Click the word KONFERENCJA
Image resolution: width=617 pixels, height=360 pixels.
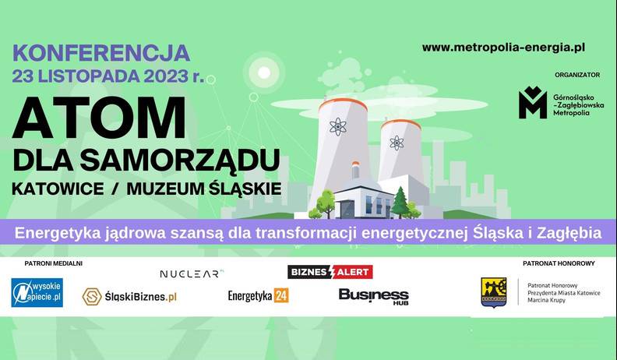pos(101,54)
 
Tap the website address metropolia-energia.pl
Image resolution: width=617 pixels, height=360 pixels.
pos(503,48)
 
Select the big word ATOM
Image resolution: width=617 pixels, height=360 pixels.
pos(99,117)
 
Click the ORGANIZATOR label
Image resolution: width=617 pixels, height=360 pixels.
pos(577,75)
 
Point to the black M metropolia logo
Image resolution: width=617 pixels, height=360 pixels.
pos(533,102)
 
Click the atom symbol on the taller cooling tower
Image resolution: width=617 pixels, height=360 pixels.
pos(338,127)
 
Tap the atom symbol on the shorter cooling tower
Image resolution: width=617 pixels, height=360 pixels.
pos(397,143)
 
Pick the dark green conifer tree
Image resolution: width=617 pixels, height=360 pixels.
pos(400,203)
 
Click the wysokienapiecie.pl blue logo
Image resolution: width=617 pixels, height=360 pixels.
pos(37,292)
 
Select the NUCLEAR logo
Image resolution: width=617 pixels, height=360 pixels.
pos(192,274)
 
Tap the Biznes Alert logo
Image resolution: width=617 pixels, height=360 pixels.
pos(330,272)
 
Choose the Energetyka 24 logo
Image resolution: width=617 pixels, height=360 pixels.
pos(258,295)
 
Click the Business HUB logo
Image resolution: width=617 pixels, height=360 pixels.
pos(374,296)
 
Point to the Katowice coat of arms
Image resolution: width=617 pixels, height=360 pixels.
pos(494,292)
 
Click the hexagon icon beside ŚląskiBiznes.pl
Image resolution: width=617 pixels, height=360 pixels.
pos(92,297)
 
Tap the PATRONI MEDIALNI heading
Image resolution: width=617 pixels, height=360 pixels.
pos(54,263)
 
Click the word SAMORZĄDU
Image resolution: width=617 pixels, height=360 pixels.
pos(180,161)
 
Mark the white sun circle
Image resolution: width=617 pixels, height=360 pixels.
pos(264,72)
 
